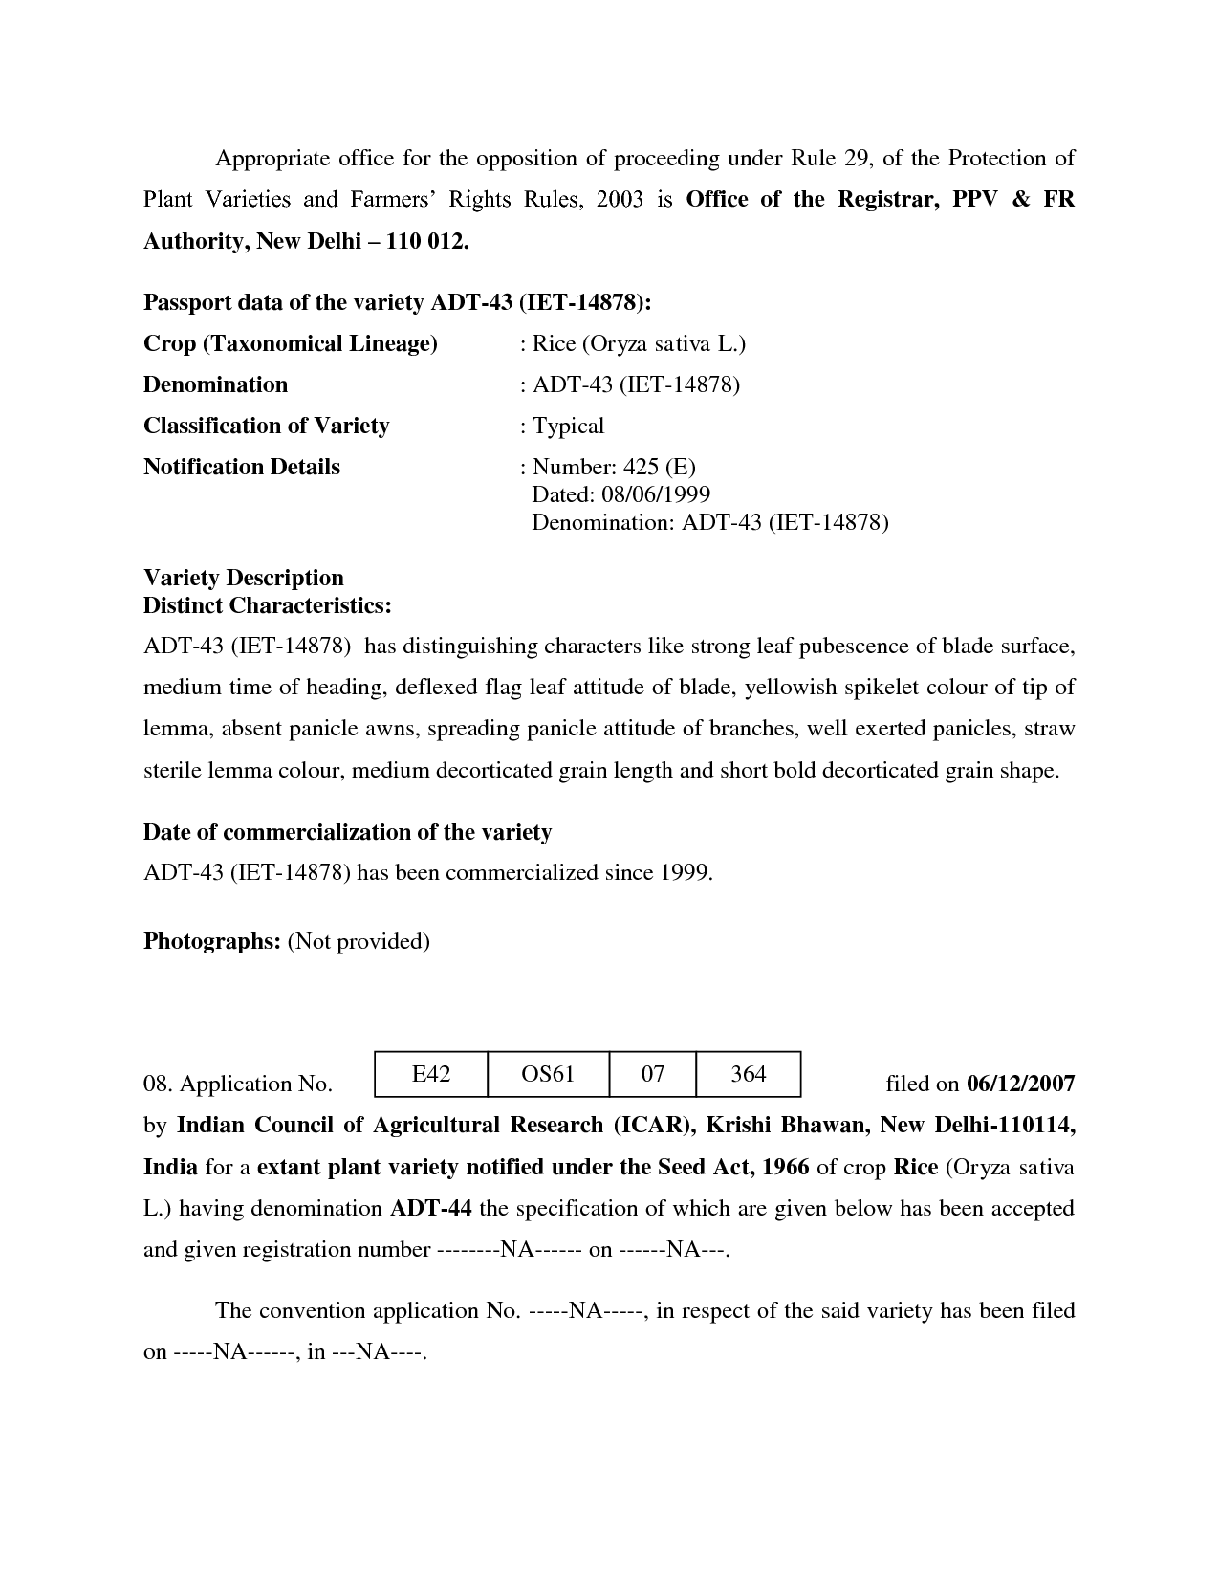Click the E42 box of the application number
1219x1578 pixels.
click(430, 1074)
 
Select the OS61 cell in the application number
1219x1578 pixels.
click(548, 1074)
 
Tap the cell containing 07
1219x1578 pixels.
click(652, 1074)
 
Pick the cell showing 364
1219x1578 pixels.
click(748, 1074)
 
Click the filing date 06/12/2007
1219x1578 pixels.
click(1020, 1084)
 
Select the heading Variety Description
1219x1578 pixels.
click(243, 578)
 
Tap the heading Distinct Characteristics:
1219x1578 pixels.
click(267, 605)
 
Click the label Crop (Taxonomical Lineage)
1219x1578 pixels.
click(290, 343)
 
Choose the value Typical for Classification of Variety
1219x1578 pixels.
click(568, 426)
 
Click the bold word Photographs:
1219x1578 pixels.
click(211, 941)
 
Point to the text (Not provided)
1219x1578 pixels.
click(359, 941)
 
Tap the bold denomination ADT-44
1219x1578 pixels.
click(430, 1208)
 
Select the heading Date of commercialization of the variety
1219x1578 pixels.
click(347, 832)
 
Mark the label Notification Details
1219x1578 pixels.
click(241, 467)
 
